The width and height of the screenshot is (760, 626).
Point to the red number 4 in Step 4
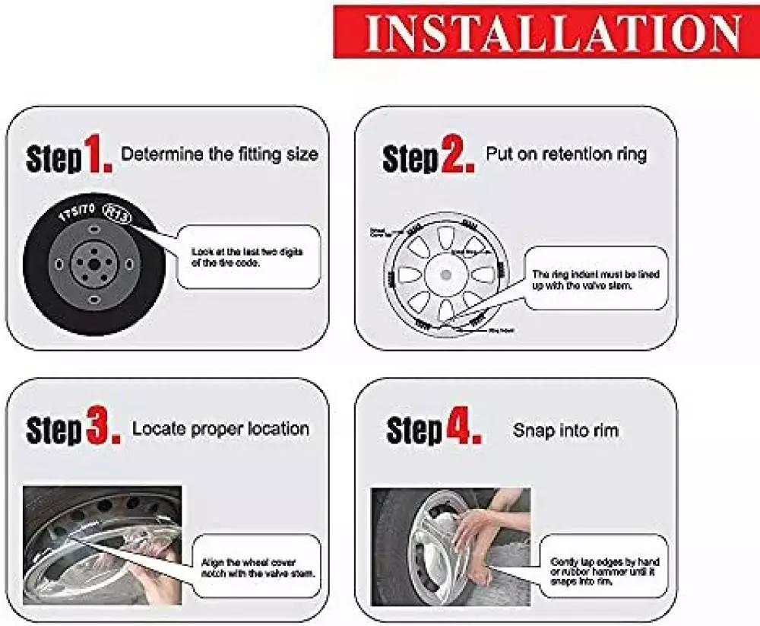463,430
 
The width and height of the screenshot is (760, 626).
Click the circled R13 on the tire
118,214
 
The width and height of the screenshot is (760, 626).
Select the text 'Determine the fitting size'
220,154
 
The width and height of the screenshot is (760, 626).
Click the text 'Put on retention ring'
566,154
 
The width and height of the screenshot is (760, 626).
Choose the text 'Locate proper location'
220,428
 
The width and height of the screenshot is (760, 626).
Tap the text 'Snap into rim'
565,431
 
